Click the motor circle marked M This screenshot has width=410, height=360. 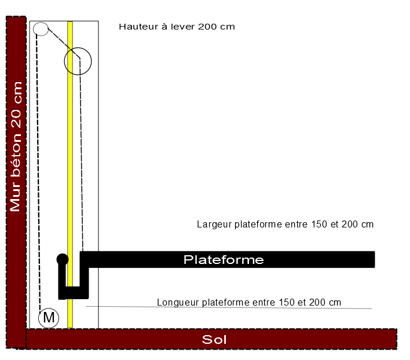tap(49, 317)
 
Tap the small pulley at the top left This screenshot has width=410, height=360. tap(41, 28)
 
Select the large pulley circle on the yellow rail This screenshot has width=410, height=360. tap(78, 61)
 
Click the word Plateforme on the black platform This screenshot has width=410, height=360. tap(224, 260)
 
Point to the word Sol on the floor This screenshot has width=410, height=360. tap(214, 339)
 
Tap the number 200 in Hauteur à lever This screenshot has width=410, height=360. tap(207, 27)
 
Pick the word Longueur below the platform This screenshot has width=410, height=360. tap(177, 302)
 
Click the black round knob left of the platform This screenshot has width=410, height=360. tap(62, 259)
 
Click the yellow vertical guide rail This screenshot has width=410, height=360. tap(71, 174)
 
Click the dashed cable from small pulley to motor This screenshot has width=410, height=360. tap(38, 174)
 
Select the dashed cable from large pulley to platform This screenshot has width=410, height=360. tap(82, 174)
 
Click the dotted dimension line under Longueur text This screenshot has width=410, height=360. tap(232, 307)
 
